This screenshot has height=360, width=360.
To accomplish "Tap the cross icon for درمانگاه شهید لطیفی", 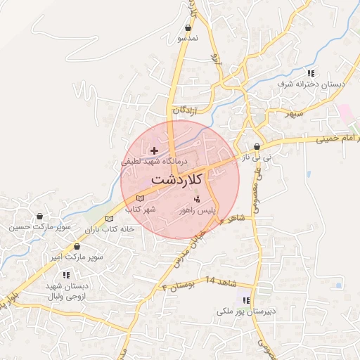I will pyautogui.click(x=155, y=150).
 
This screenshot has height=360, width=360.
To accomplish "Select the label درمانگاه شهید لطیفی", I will pyautogui.click(x=153, y=161).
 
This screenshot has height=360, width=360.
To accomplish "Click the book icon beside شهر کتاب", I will pyautogui.click(x=140, y=198).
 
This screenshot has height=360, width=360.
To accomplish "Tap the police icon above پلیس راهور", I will pyautogui.click(x=196, y=200).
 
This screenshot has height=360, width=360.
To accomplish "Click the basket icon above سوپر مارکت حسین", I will pyautogui.click(x=39, y=216).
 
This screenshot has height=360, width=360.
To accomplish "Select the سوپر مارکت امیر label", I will pyautogui.click(x=76, y=257).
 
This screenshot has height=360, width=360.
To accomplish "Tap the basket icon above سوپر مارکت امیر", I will pyautogui.click(x=77, y=247).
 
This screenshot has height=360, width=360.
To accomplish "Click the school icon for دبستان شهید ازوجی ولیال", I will pyautogui.click(x=65, y=275).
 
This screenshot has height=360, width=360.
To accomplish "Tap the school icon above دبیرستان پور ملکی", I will pyautogui.click(x=246, y=300).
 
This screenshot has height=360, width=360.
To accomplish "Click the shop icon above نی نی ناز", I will pyautogui.click(x=256, y=147).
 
